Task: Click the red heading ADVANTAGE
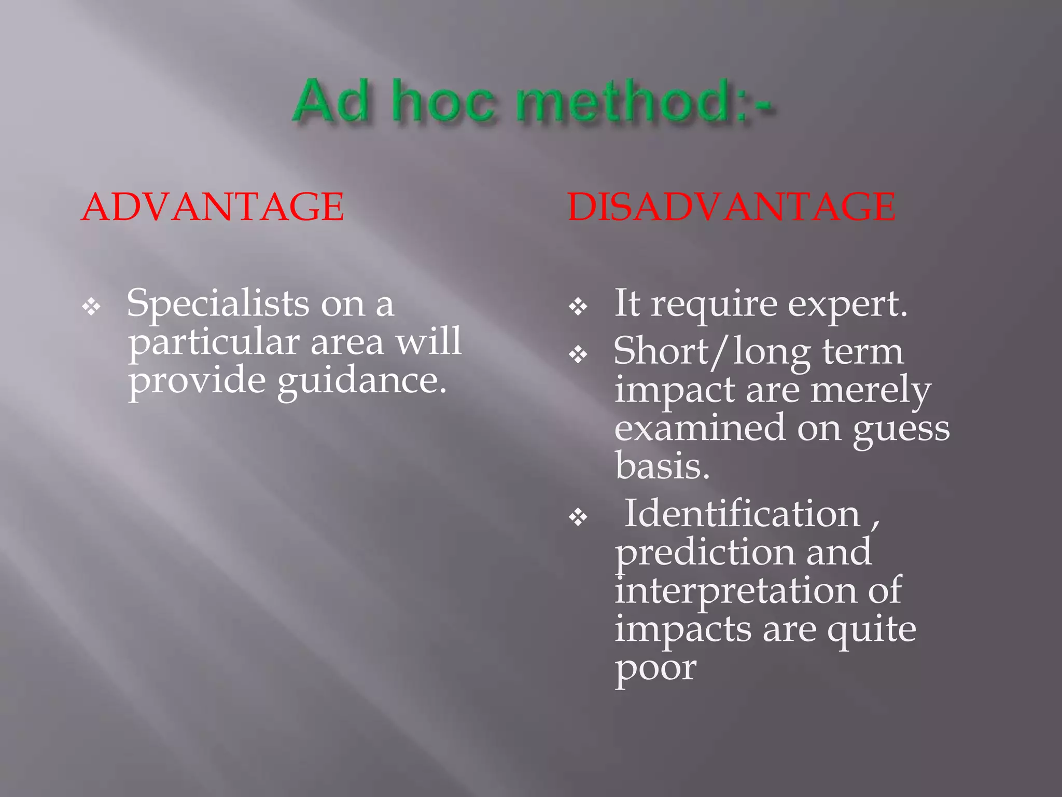213,207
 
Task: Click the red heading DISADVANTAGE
731,207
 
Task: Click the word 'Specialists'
218,304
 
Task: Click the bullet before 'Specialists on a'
91,307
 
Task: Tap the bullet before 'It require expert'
578,307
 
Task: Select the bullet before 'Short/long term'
578,355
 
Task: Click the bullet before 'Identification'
578,517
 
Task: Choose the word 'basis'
662,465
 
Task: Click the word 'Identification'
742,514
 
